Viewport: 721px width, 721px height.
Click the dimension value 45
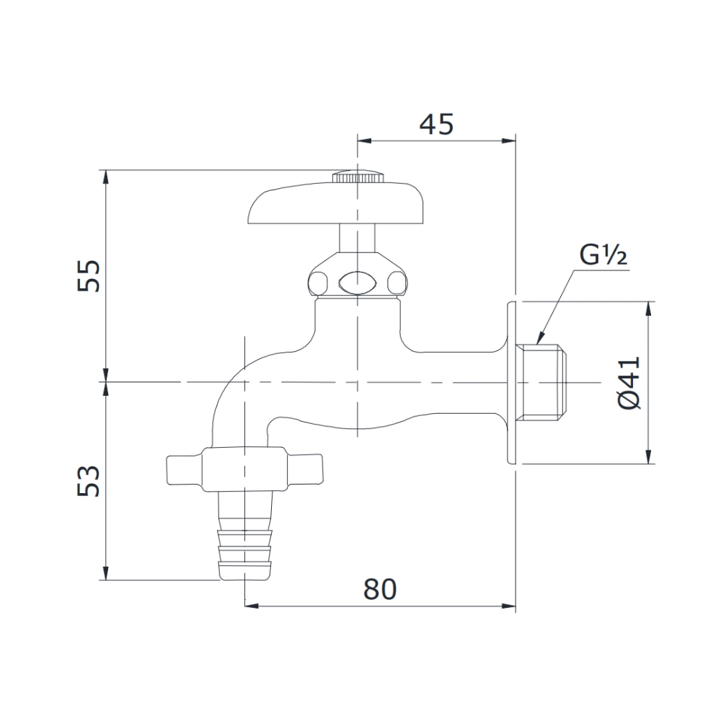pyautogui.click(x=437, y=124)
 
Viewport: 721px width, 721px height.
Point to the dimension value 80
pyautogui.click(x=380, y=590)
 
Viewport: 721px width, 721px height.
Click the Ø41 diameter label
pyautogui.click(x=629, y=382)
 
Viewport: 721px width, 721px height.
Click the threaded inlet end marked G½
pyautogui.click(x=544, y=381)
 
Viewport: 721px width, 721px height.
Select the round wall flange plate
pyautogui.click(x=513, y=382)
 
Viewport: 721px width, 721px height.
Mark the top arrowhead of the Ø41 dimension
pyautogui.click(x=648, y=307)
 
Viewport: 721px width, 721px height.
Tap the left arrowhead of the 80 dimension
pyautogui.click(x=252, y=605)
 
